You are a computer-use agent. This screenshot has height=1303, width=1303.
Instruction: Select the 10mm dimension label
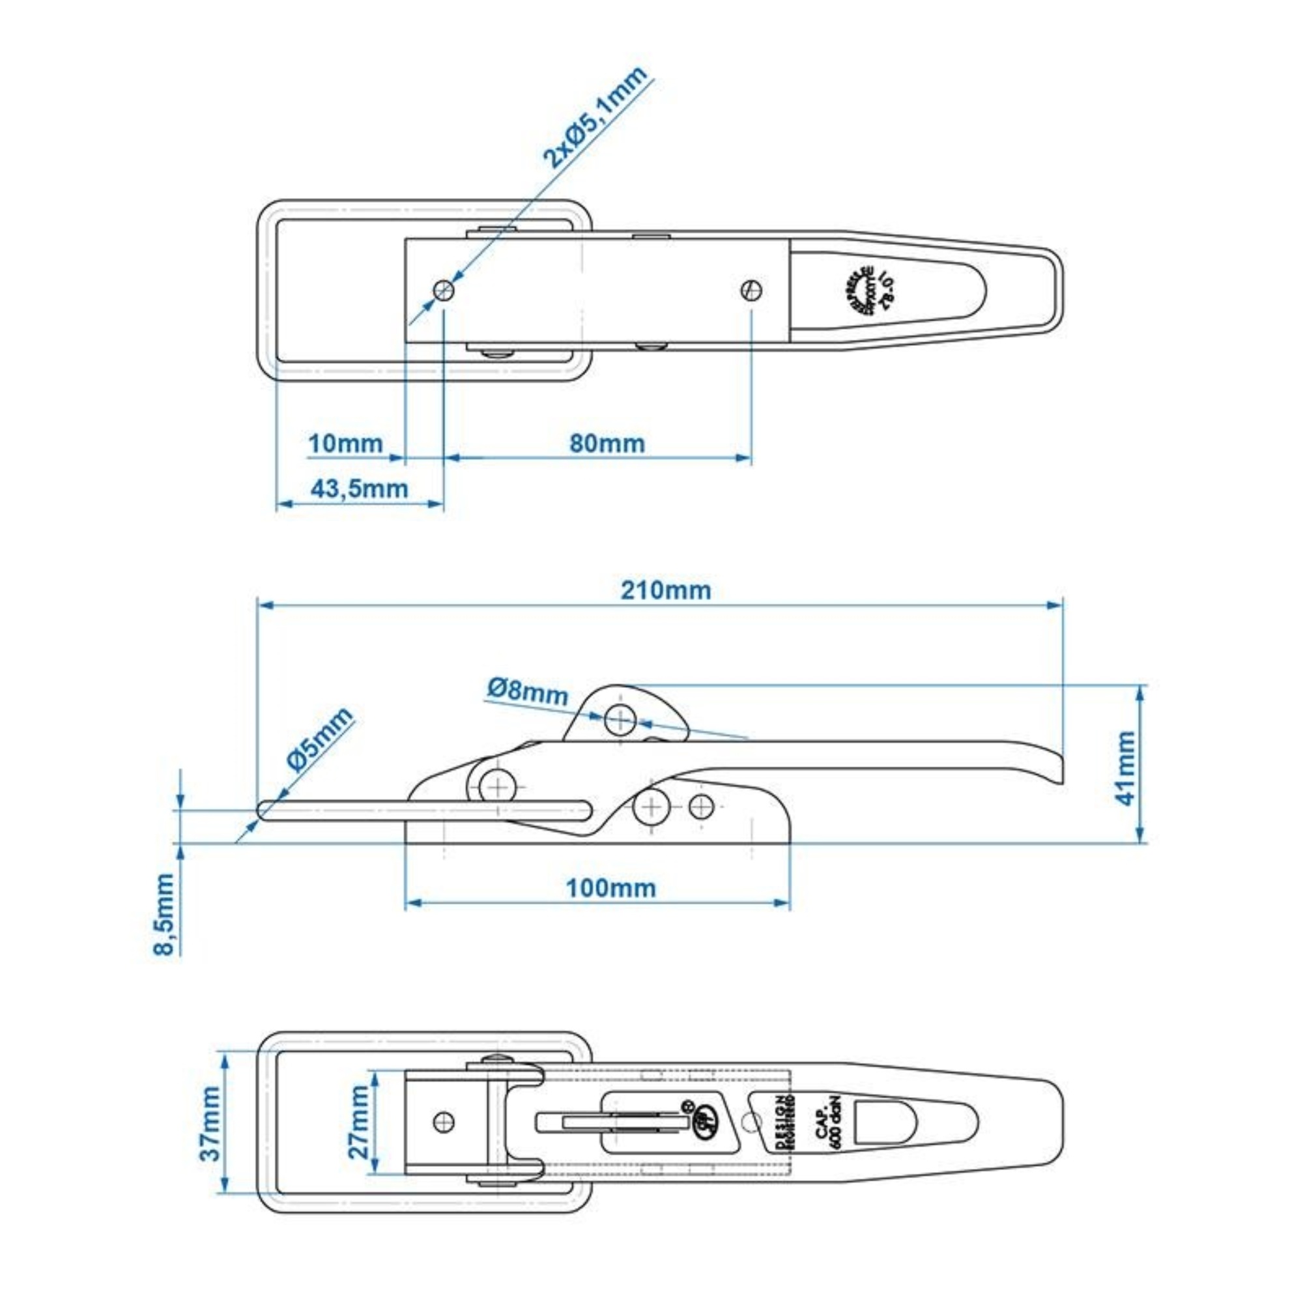345,444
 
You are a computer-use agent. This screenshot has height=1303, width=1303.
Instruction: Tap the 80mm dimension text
607,444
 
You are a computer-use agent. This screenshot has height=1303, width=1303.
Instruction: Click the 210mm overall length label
666,591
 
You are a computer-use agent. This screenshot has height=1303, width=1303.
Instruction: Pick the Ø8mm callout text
528,691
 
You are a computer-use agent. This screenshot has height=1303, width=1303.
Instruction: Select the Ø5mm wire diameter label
320,739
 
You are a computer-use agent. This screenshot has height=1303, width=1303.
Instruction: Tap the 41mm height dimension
1126,768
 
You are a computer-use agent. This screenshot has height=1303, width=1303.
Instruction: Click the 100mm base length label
610,888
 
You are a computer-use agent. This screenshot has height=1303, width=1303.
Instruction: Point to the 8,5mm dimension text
164,915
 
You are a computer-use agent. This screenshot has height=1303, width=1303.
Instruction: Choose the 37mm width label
211,1124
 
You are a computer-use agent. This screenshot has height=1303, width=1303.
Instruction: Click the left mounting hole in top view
444,290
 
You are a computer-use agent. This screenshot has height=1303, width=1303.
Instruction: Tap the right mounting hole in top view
751,290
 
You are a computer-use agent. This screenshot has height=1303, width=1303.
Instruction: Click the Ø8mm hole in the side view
619,721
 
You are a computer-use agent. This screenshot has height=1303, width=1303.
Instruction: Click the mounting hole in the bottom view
444,1123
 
